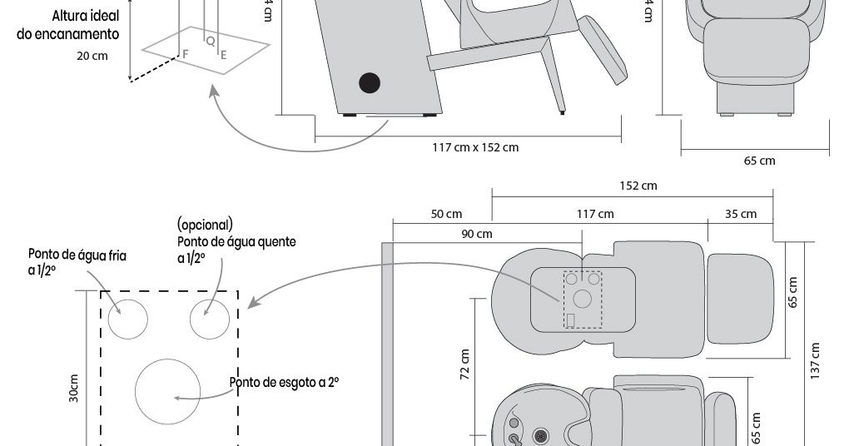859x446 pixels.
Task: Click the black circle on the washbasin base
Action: coord(369,82)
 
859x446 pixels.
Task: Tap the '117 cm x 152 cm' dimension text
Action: coord(474,147)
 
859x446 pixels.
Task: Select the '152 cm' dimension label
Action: coord(638,186)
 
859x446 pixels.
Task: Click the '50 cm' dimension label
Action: coord(446,214)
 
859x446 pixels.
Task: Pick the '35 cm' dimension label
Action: coord(740,214)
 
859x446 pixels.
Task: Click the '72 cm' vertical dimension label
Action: coord(464,364)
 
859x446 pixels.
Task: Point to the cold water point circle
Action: coord(127,319)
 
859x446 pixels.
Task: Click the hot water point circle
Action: coord(209,319)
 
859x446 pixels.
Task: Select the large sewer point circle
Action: coord(167,391)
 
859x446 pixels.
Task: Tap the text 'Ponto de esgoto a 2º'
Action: coord(285,382)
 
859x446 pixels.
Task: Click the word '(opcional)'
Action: coord(205,225)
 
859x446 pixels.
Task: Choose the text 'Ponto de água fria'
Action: coord(77,254)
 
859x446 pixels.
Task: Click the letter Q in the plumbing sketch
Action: coord(210,40)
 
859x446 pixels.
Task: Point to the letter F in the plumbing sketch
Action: coord(185,53)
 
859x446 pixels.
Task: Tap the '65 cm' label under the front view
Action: coord(759,161)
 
